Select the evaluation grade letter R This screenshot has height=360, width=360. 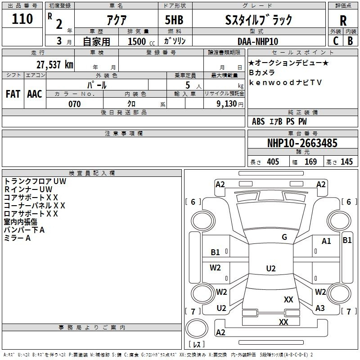343,21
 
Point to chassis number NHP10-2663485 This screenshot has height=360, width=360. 302,143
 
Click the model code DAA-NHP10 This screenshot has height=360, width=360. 258,41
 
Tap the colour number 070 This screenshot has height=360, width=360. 74,104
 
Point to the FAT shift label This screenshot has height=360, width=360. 13,94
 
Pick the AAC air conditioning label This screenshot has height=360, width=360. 35,94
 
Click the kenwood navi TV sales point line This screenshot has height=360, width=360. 286,82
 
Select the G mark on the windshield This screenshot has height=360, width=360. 284,237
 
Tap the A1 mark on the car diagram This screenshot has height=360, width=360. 326,241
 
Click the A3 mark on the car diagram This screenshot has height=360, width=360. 320,308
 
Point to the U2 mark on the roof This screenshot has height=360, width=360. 271,269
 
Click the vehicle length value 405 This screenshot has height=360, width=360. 273,162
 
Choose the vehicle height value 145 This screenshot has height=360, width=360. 346,162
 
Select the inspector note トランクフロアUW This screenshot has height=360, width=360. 35,181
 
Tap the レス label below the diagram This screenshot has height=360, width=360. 196,345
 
